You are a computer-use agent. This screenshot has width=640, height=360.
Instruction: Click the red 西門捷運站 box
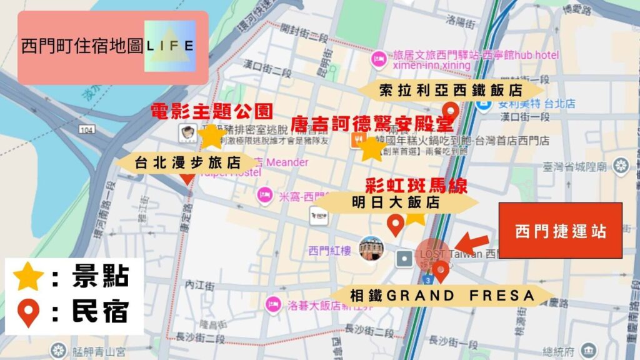(x=561, y=231)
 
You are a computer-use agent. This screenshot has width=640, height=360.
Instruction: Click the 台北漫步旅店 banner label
(x=187, y=162)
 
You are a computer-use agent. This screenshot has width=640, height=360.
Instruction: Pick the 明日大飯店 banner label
(x=396, y=202)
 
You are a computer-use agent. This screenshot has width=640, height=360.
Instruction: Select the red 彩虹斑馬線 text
(x=416, y=186)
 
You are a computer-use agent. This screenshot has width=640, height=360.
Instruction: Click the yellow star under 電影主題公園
(x=212, y=136)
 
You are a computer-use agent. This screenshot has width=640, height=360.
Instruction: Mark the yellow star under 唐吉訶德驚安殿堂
(x=370, y=148)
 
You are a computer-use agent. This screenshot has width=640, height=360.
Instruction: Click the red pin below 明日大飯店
(x=395, y=224)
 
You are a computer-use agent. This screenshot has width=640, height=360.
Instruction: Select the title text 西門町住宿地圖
(x=82, y=46)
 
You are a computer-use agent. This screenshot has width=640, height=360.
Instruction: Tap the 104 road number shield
(x=87, y=129)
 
